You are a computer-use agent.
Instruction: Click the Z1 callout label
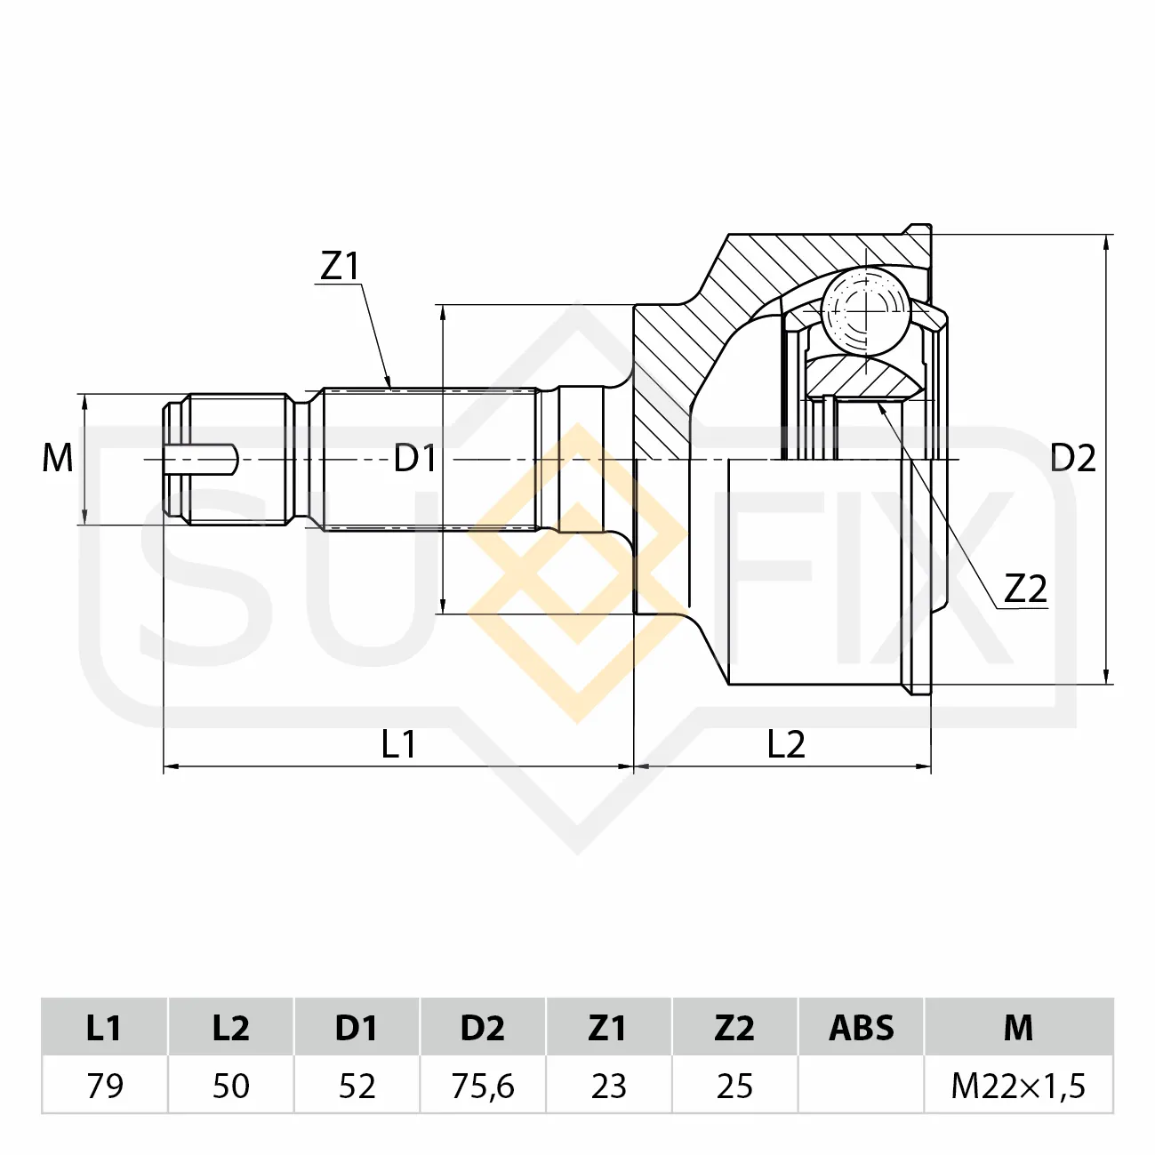pyautogui.click(x=340, y=266)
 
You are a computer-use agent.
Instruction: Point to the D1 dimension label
pyautogui.click(x=414, y=459)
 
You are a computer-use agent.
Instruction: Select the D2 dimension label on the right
pyautogui.click(x=1072, y=459)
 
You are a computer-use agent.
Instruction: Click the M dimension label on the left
pyautogui.click(x=58, y=459)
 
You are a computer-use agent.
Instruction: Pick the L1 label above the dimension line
pyautogui.click(x=398, y=744)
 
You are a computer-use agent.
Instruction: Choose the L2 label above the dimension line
pyautogui.click(x=786, y=744)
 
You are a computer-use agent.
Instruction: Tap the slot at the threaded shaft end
pyautogui.click(x=201, y=460)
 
